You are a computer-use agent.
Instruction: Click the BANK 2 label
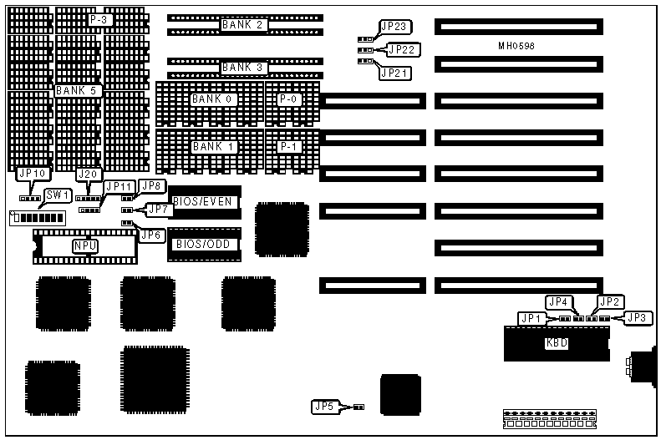pyautogui.click(x=242, y=25)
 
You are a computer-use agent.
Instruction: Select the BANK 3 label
pyautogui.click(x=242, y=67)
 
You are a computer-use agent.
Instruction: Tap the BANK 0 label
pyautogui.click(x=214, y=99)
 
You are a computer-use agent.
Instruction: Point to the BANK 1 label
pyautogui.click(x=214, y=147)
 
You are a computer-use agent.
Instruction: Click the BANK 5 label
pyautogui.click(x=79, y=90)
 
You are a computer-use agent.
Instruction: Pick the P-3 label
pyautogui.click(x=100, y=19)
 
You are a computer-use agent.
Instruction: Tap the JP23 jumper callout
pyautogui.click(x=393, y=28)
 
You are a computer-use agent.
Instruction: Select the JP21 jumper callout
pyautogui.click(x=394, y=73)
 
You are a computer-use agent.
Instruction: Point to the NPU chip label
pyautogui.click(x=84, y=245)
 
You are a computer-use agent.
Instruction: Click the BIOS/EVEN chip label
pyautogui.click(x=202, y=201)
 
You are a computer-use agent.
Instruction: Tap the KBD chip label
pyautogui.click(x=556, y=343)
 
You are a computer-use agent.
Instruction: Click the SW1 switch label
pyautogui.click(x=58, y=195)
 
